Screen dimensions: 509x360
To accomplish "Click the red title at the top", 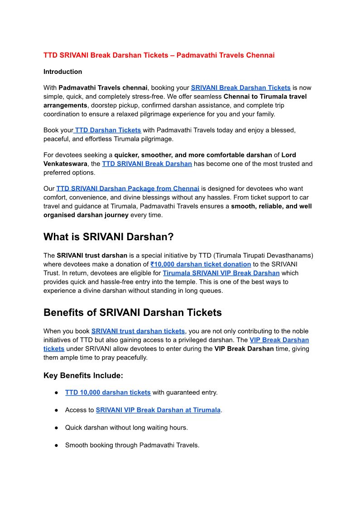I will click(x=159, y=55).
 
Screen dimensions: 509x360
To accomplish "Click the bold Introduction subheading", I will click(x=62, y=72).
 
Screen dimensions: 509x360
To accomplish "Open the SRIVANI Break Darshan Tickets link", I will click(x=240, y=88).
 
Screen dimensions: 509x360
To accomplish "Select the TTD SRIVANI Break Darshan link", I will click(x=147, y=164).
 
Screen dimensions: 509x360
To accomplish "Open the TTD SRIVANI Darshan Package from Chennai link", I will click(x=128, y=189).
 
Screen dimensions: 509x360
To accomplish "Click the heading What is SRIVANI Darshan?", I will click(x=108, y=237).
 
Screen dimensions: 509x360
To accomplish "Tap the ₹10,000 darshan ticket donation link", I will click(x=201, y=264).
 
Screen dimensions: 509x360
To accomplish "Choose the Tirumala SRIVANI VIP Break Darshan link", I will click(x=221, y=273).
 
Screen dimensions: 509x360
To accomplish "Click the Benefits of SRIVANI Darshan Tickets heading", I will click(x=132, y=313).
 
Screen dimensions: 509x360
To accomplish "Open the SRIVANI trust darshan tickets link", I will click(x=138, y=331).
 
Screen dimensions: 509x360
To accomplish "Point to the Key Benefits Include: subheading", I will click(x=83, y=375).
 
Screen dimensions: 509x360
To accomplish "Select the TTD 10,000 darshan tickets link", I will click(x=108, y=393).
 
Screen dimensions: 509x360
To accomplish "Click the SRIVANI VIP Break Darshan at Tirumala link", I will click(x=158, y=410).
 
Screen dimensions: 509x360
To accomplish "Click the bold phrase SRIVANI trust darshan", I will click(x=92, y=256).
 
